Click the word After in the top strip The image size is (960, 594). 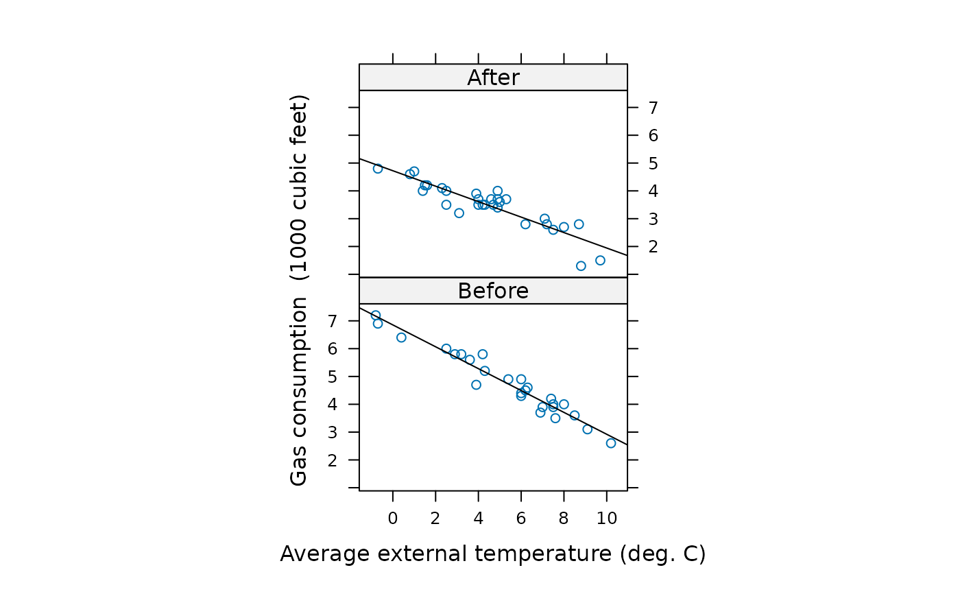click(x=493, y=78)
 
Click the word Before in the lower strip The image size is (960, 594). click(x=493, y=291)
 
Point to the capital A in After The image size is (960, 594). click(x=475, y=78)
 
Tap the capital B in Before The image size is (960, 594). click(x=465, y=291)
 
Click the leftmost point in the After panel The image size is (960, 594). click(x=378, y=169)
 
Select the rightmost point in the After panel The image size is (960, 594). click(x=600, y=260)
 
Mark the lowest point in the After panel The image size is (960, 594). click(x=581, y=265)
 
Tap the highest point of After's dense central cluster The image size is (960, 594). click(x=498, y=191)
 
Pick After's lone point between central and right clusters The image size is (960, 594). click(x=525, y=224)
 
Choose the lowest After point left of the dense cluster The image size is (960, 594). click(x=459, y=213)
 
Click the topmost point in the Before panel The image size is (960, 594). click(x=376, y=315)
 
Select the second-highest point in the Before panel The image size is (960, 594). click(x=378, y=324)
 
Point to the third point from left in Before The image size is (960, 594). click(x=401, y=337)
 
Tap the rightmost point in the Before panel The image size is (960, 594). click(x=611, y=443)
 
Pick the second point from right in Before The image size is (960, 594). click(x=587, y=429)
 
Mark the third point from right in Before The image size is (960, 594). click(x=575, y=415)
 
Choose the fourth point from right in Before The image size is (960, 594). click(x=564, y=404)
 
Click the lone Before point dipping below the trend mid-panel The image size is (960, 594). click(x=476, y=385)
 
